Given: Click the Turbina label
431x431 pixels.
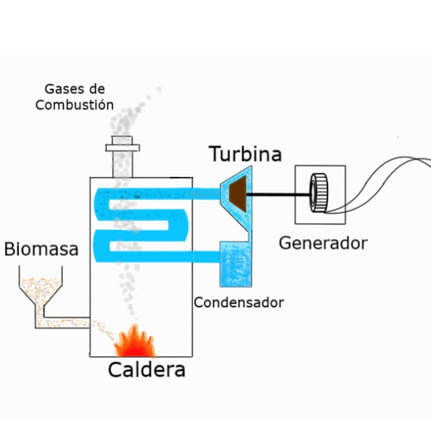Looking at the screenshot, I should click(x=245, y=154).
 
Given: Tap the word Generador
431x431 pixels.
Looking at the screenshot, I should click(x=322, y=243).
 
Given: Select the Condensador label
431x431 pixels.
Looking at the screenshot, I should click(x=238, y=302).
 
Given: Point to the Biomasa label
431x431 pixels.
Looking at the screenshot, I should click(x=41, y=249).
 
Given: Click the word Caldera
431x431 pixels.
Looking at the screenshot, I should click(x=147, y=370).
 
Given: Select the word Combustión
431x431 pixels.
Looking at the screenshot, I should click(x=74, y=105).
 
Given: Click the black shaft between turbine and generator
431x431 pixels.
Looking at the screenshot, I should click(x=279, y=194).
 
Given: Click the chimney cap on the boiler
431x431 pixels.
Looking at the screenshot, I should click(x=122, y=144).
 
